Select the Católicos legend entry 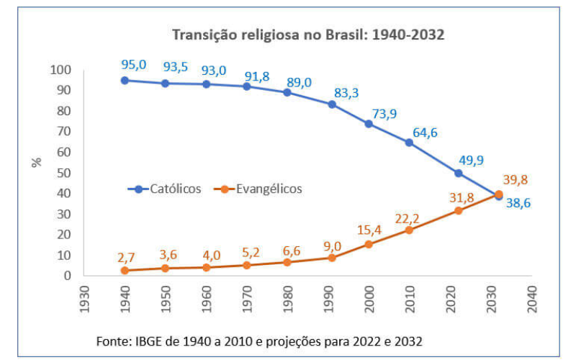pyautogui.click(x=165, y=189)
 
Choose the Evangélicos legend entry pyautogui.click(x=258, y=189)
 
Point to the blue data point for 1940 pyautogui.click(x=125, y=80)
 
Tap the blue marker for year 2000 pyautogui.click(x=369, y=124)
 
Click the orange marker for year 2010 pyautogui.click(x=410, y=230)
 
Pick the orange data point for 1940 pyautogui.click(x=125, y=270)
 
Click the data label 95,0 pyautogui.click(x=134, y=65)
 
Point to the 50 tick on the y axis pyautogui.click(x=64, y=173)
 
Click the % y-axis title pyautogui.click(x=37, y=162)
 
